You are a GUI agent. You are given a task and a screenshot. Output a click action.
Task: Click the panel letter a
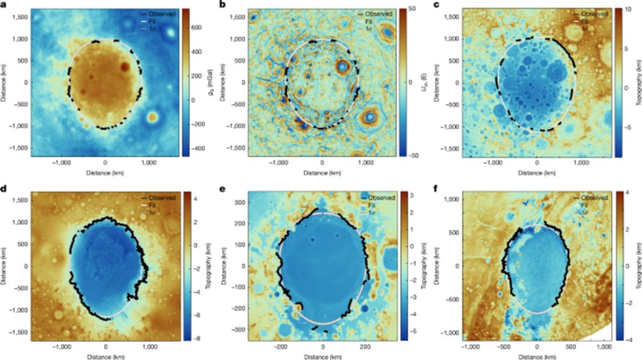4,5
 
